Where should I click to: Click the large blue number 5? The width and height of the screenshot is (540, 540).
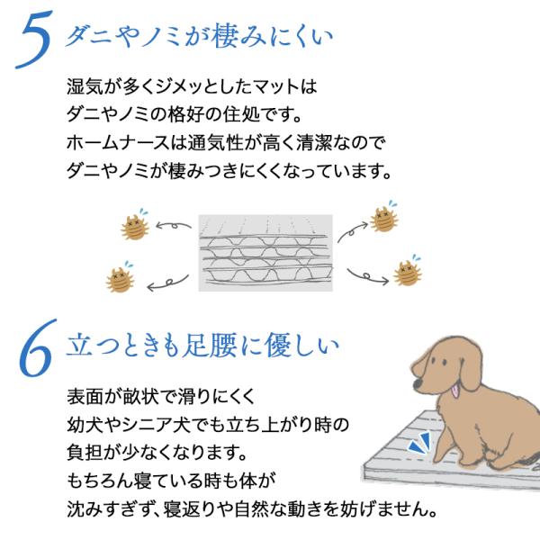click(34, 39)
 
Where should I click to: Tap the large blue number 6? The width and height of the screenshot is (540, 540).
click(36, 347)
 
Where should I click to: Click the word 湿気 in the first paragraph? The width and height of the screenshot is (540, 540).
click(84, 86)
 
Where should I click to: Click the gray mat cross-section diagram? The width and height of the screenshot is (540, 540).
click(265, 253)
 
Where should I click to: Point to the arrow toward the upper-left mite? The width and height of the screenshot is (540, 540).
click(173, 226)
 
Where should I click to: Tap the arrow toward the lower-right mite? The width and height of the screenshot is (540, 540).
click(368, 277)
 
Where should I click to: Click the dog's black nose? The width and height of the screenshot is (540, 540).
click(418, 383)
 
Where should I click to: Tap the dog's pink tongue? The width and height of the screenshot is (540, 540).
click(455, 391)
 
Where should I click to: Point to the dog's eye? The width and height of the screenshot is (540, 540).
click(444, 363)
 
